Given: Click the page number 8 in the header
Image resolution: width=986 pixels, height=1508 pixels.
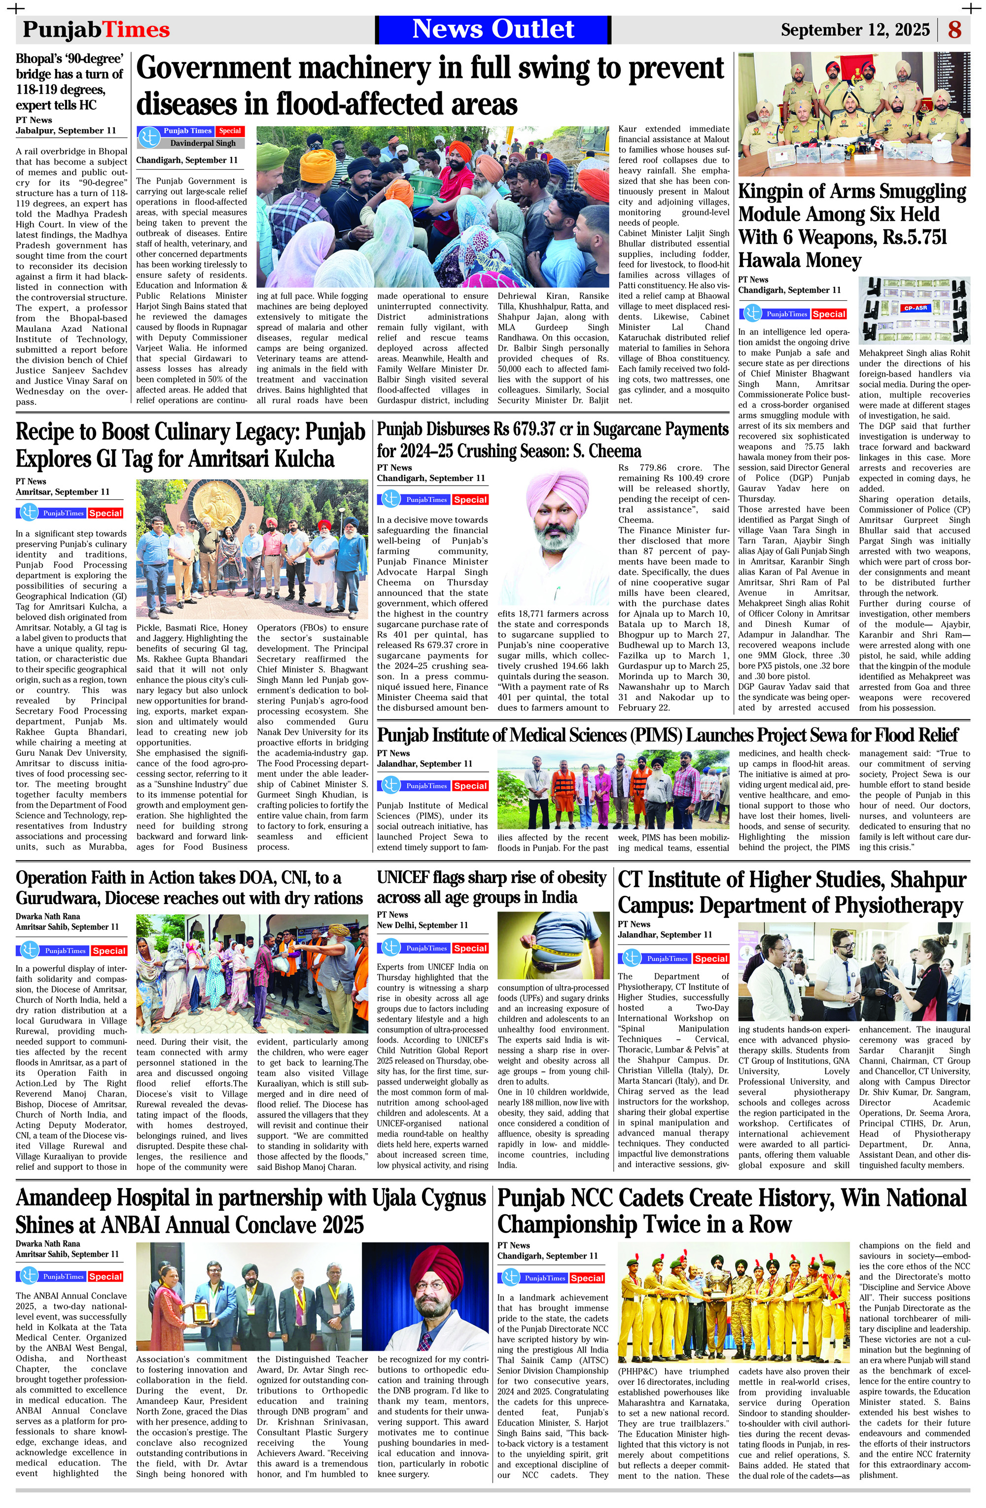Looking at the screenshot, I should tap(955, 30).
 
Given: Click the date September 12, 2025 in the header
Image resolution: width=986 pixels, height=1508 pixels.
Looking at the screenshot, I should tap(855, 30).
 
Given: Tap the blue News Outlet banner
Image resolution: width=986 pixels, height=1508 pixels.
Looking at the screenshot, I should tap(493, 29).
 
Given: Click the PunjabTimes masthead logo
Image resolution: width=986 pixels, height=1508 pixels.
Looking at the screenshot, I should tap(96, 30).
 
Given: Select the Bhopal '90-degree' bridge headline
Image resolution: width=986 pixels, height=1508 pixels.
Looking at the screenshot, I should tap(70, 82).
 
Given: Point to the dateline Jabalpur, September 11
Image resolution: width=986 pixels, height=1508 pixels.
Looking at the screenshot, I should tap(66, 131).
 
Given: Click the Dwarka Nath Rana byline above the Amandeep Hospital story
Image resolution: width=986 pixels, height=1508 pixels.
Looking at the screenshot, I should tap(48, 1244).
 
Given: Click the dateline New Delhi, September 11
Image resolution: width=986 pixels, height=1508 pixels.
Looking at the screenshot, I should tap(422, 925).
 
